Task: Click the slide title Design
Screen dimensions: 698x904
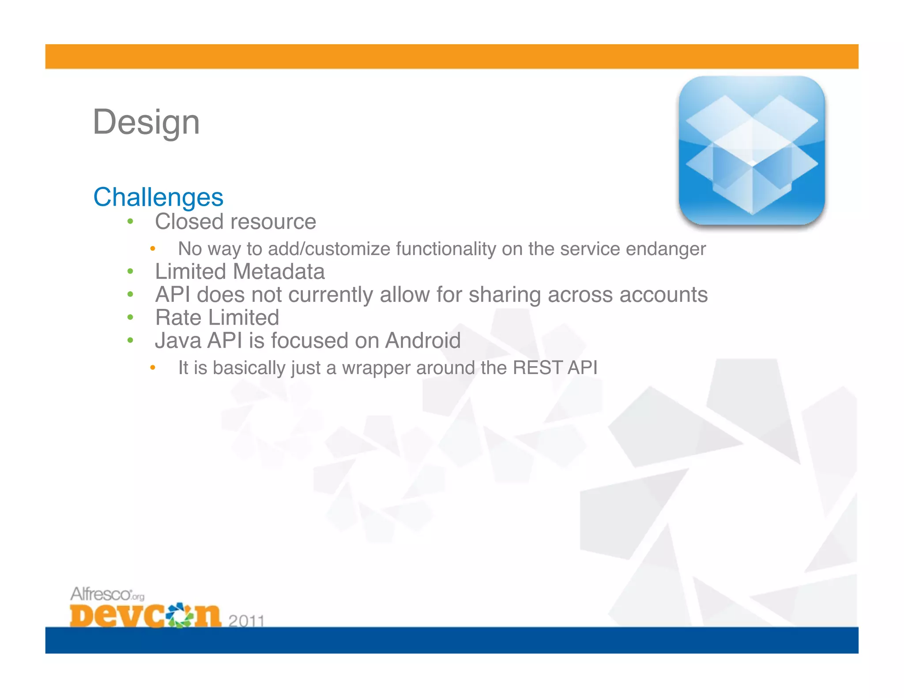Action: (146, 122)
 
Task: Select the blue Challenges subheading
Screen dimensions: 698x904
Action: (158, 197)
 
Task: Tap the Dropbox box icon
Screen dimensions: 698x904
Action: (752, 151)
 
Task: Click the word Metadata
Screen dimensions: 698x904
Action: (280, 271)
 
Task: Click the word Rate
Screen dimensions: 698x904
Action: (178, 318)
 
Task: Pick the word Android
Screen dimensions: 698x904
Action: (422, 341)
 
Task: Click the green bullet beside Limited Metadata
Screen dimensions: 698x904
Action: (130, 271)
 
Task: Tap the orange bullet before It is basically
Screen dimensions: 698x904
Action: (152, 368)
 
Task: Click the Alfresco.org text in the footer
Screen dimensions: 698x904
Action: (107, 594)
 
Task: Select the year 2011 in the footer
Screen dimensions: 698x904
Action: (246, 620)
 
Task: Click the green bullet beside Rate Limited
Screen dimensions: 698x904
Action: (130, 317)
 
